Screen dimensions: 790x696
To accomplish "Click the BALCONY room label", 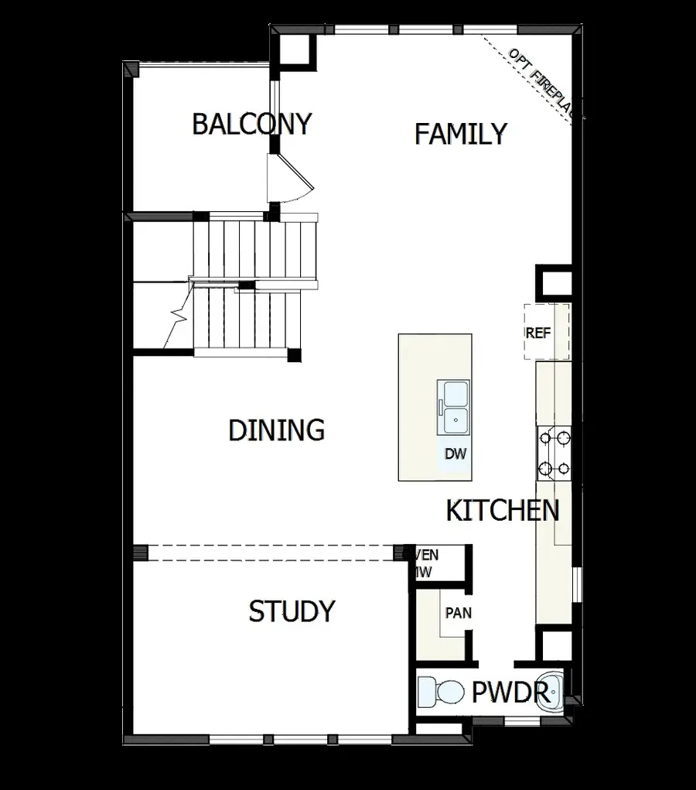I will coord(251,124).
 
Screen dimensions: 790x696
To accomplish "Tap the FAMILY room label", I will coord(460,134).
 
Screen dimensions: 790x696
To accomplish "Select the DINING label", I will coord(276,430).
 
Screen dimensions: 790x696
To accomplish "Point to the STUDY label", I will coord(292,611).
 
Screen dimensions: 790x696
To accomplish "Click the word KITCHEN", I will coord(503,511).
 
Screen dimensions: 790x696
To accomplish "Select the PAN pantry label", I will coord(458,613).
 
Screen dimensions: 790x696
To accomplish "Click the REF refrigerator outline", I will coord(547,332).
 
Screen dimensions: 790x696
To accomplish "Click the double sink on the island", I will coord(455,408).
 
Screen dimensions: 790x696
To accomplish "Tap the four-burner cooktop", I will coord(554,453).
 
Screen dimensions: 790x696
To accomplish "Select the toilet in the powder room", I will coord(438,690).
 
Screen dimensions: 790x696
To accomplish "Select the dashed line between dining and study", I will coord(271,552).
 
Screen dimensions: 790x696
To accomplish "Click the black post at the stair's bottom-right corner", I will coord(293,355).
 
